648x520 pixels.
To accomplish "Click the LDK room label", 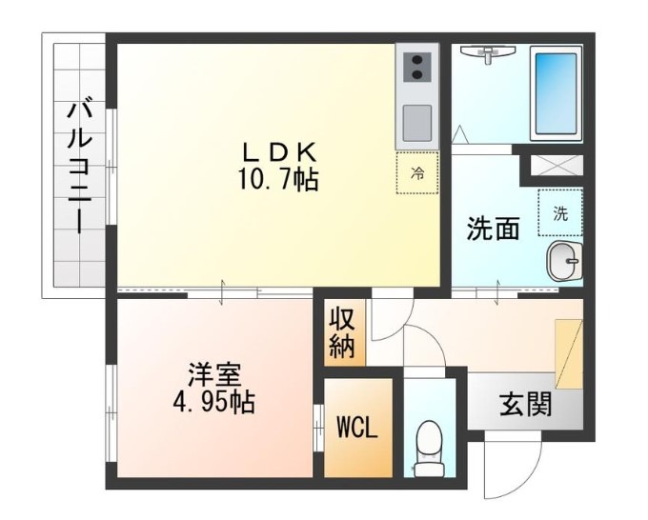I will (x=278, y=150).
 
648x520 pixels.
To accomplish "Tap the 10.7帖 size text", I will (x=278, y=179).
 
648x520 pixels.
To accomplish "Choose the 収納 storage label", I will (x=341, y=333).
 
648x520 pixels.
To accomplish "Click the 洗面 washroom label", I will (x=493, y=229).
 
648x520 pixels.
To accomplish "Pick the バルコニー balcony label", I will (x=79, y=167).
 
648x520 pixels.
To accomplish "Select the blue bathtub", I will (x=556, y=92).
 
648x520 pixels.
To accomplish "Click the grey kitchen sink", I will (x=417, y=122).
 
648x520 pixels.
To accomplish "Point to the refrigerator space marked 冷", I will (x=417, y=173).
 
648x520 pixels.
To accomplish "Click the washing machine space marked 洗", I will (x=560, y=213).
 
